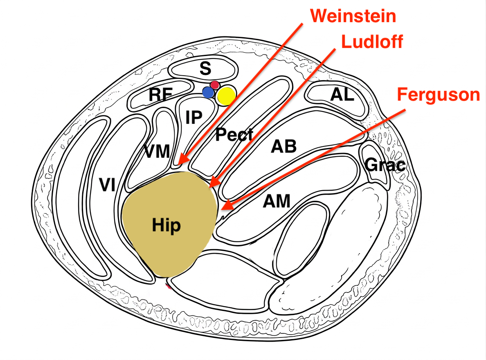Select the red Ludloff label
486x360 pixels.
(x=372, y=41)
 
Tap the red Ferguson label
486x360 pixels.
(x=438, y=95)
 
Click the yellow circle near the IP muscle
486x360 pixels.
(x=226, y=96)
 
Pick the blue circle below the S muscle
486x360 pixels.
(x=209, y=93)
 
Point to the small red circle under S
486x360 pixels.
(x=215, y=85)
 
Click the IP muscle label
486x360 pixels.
(x=193, y=118)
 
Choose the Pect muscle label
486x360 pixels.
(x=235, y=135)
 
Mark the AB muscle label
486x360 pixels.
(x=283, y=146)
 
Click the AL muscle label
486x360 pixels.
(x=342, y=95)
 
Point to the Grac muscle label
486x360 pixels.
(x=385, y=165)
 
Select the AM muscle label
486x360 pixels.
(x=277, y=201)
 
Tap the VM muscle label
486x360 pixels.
(x=157, y=152)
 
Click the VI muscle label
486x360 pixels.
(x=107, y=186)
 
